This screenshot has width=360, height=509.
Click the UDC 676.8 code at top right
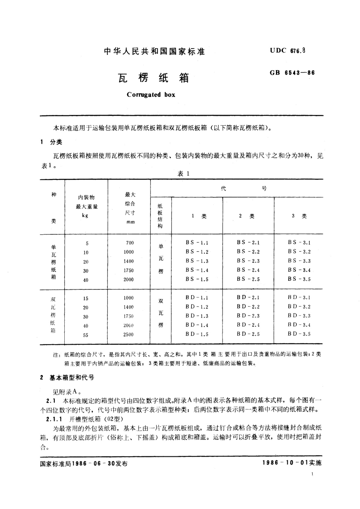[x=288, y=51]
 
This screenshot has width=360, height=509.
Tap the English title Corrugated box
[x=151, y=95]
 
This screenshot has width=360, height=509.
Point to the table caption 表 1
[x=183, y=173]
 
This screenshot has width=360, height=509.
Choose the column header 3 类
[x=299, y=216]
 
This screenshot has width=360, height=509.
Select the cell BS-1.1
[x=197, y=243]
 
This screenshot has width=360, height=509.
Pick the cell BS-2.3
[x=248, y=261]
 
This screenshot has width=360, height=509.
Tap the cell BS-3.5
[x=299, y=279]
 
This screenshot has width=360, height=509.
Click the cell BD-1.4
[x=197, y=325]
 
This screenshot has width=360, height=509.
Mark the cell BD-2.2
[x=248, y=306]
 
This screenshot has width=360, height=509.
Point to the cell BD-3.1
[x=299, y=297]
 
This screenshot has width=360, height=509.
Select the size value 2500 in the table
[x=128, y=334]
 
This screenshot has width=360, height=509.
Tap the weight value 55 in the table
[x=86, y=335]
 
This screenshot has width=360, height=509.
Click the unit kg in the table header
[x=85, y=216]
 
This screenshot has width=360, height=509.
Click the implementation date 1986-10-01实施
[x=292, y=463]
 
